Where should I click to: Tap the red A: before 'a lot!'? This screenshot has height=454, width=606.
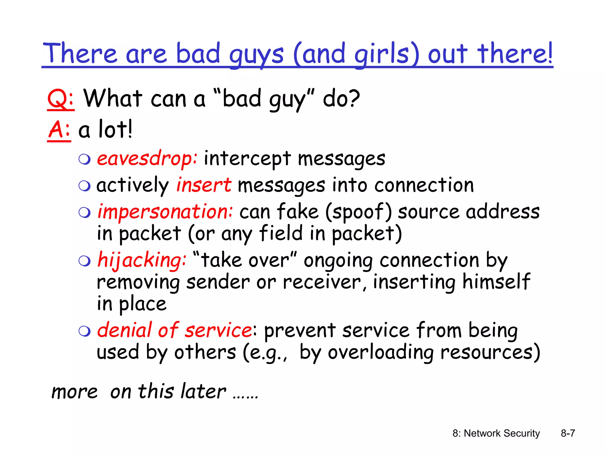[59, 129]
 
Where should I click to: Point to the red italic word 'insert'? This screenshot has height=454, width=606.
[204, 185]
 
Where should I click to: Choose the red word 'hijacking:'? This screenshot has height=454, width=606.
[142, 260]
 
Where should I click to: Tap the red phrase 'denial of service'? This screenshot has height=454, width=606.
[175, 330]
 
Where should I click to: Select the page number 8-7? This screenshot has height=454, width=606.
[568, 433]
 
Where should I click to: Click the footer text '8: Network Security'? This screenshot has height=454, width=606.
[496, 433]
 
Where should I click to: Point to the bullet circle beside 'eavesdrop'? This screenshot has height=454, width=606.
[85, 159]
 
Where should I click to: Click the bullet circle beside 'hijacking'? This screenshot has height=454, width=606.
[85, 261]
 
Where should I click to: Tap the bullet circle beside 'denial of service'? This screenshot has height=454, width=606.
[85, 331]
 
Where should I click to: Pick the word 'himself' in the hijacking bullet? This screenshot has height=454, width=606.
[496, 281]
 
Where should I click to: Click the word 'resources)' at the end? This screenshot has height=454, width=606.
[490, 352]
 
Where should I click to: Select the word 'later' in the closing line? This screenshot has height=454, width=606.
[203, 392]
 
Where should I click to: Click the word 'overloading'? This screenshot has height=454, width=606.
[381, 352]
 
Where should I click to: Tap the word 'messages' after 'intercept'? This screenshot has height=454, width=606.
[341, 159]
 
